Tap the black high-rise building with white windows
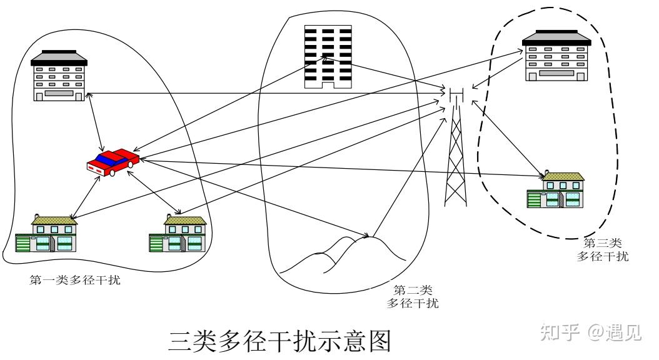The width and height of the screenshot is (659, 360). (328, 56)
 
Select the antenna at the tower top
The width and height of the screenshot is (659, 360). (456, 95)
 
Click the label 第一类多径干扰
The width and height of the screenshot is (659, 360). (75, 280)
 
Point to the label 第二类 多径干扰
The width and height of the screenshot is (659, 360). (412, 297)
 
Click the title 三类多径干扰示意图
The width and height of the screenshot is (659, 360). (279, 342)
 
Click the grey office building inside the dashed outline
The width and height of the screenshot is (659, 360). (556, 57)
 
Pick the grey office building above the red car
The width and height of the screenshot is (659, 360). (60, 76)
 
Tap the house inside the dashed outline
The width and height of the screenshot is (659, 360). (555, 191)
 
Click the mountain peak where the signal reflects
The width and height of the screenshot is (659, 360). (368, 236)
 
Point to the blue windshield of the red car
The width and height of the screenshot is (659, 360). (108, 159)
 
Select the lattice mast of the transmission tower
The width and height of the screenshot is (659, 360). (456, 156)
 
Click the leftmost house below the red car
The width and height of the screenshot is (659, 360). (46, 234)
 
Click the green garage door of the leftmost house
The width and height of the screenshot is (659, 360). (23, 244)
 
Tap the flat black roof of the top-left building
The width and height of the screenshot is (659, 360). (59, 60)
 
